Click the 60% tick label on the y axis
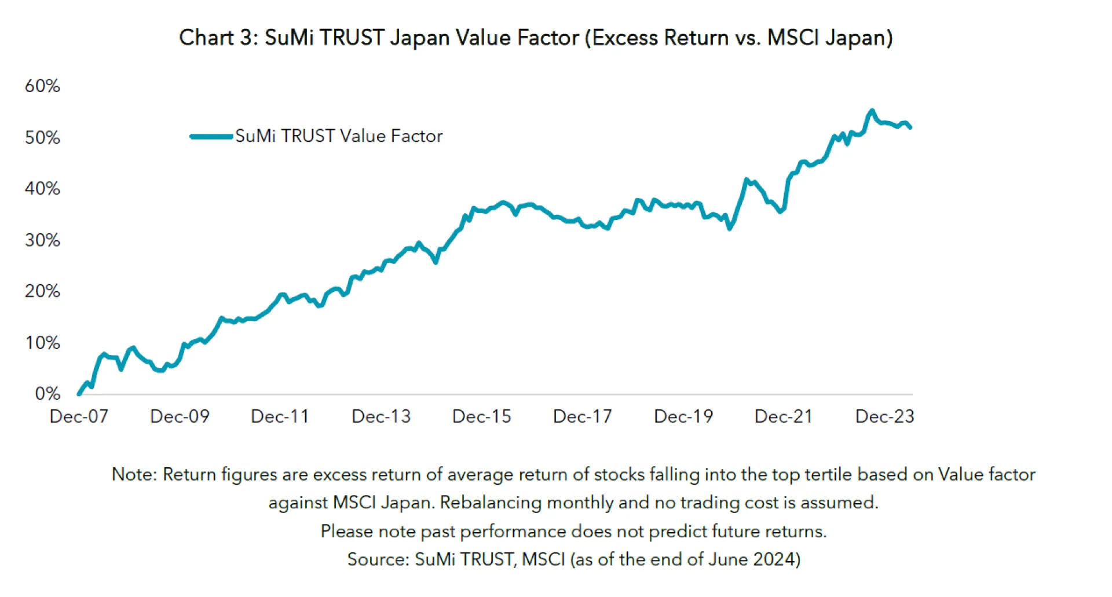(x=42, y=86)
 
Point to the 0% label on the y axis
(x=47, y=394)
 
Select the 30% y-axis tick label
(x=42, y=240)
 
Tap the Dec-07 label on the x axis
(x=79, y=416)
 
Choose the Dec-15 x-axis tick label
(x=482, y=416)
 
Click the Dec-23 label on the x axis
(x=884, y=416)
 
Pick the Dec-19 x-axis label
(x=683, y=416)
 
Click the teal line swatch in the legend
(x=211, y=137)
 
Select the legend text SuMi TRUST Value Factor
(x=339, y=136)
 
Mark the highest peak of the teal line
(x=872, y=110)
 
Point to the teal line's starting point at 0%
(x=79, y=394)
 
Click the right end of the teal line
(x=910, y=127)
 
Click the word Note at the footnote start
(x=133, y=474)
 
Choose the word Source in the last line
(x=378, y=559)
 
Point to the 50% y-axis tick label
(x=42, y=138)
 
